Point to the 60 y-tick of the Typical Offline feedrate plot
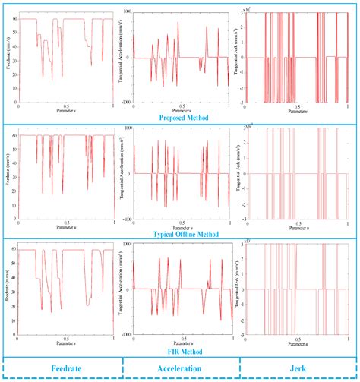(x=15, y=135)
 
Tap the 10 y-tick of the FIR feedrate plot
(x=15, y=323)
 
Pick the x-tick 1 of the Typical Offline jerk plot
(x=347, y=223)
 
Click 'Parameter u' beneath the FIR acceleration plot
(x=181, y=346)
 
